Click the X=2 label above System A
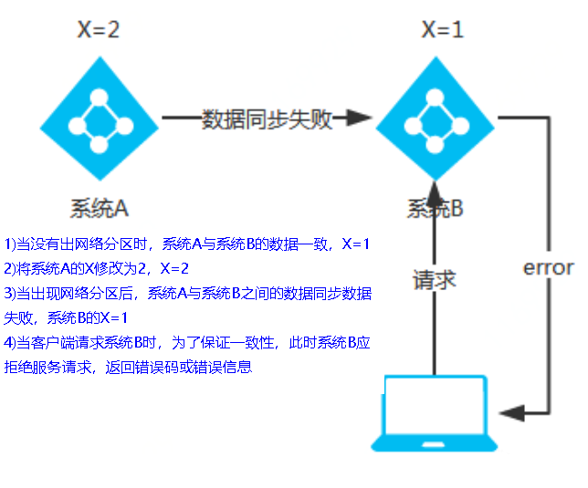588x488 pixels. tap(98, 30)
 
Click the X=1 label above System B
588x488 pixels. tap(442, 30)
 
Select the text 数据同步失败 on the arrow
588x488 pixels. tap(267, 119)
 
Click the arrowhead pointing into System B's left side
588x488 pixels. tap(361, 119)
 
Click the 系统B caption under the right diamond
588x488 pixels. tap(436, 209)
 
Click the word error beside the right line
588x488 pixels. tap(548, 268)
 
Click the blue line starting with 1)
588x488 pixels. tap(187, 244)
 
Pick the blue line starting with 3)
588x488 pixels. tap(187, 294)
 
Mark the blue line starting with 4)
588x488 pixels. tap(187, 343)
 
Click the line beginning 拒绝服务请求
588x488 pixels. tap(128, 368)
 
